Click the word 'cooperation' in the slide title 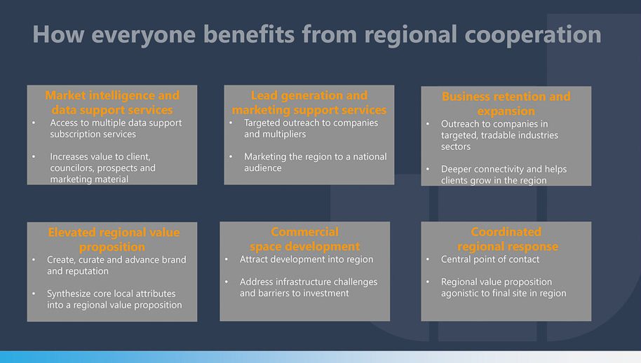coord(533,35)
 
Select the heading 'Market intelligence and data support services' coord(112,102)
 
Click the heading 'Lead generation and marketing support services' coord(309,102)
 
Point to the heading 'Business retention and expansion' coord(506,104)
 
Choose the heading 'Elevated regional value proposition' coord(113,240)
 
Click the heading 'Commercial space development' coord(305,239)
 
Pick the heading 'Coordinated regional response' coord(507,239)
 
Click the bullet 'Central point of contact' coord(490,259)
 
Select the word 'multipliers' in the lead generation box coord(284,134)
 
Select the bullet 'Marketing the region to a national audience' coord(315,162)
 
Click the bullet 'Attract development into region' coord(306,259)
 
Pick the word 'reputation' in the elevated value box coord(88,271)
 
